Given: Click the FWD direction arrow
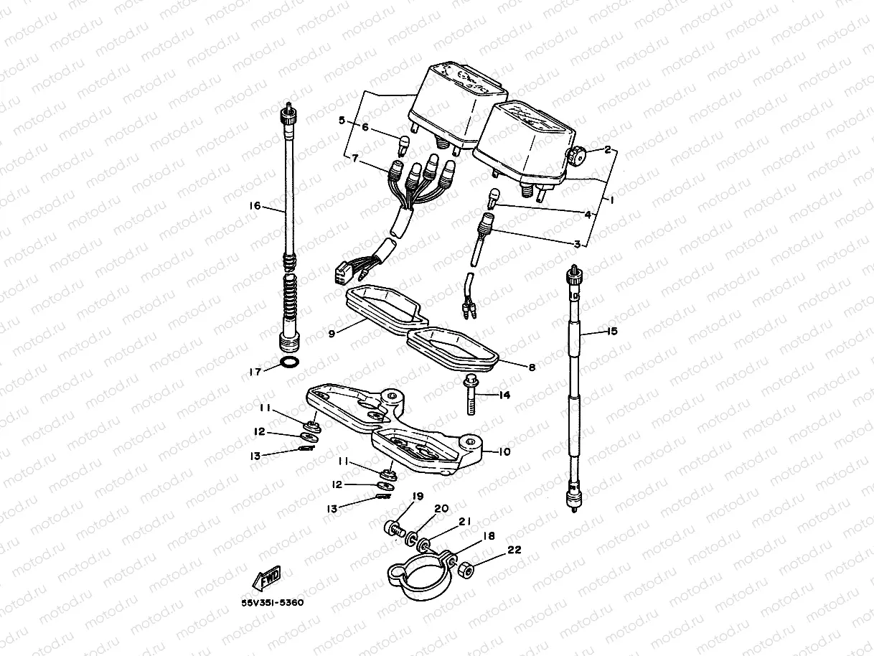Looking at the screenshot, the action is pyautogui.click(x=266, y=577).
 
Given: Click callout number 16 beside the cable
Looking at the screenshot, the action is pyautogui.click(x=255, y=205).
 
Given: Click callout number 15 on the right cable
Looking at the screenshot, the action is pyautogui.click(x=612, y=332).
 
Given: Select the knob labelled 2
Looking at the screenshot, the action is pyautogui.click(x=575, y=154).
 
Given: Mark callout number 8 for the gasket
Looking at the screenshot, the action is pyautogui.click(x=532, y=367).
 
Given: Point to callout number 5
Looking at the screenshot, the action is pyautogui.click(x=342, y=121).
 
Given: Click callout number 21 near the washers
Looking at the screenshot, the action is pyautogui.click(x=465, y=523).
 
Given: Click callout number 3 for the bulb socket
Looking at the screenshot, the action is pyautogui.click(x=576, y=244).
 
